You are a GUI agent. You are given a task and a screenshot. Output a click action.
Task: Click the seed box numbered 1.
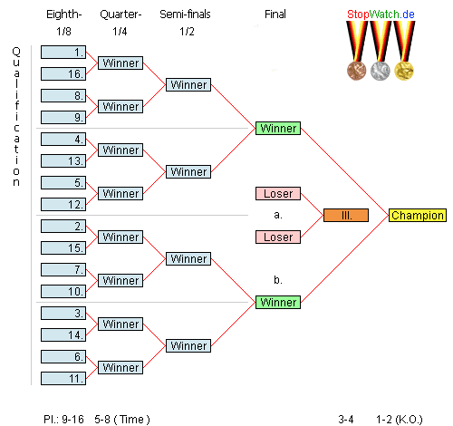[x=63, y=52]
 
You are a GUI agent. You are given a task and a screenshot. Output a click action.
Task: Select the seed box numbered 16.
[x=63, y=73]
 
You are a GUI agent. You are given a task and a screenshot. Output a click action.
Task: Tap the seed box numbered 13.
[x=63, y=160]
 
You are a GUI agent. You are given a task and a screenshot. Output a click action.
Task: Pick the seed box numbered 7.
[x=63, y=269]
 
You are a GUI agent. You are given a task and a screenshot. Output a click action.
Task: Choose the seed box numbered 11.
[x=63, y=378]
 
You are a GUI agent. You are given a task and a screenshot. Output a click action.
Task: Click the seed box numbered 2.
[x=63, y=226]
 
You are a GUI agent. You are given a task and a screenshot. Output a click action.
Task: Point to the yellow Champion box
[x=418, y=215]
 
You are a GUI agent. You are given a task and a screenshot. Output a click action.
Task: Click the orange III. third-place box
[x=346, y=215]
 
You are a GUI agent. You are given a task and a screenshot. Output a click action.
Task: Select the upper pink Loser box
[x=278, y=193]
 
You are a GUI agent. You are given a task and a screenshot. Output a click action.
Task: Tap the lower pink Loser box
[x=278, y=237]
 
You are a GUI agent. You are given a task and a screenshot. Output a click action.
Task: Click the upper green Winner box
[x=278, y=128]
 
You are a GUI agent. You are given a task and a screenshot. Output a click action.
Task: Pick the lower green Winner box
[x=278, y=302]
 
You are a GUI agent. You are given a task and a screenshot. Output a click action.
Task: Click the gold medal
[x=404, y=71]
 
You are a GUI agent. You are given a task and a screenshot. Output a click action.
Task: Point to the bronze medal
[x=357, y=71]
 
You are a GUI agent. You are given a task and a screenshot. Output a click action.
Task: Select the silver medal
[x=381, y=71]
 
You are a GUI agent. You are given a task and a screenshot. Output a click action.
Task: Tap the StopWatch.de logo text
[x=381, y=15]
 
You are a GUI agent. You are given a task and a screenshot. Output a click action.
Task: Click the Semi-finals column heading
[x=185, y=15]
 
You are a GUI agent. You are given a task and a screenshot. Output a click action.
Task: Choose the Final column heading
[x=275, y=15]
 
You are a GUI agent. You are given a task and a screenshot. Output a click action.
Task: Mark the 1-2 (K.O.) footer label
[x=399, y=420]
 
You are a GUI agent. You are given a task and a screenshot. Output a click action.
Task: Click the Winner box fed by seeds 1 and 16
[x=120, y=63]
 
